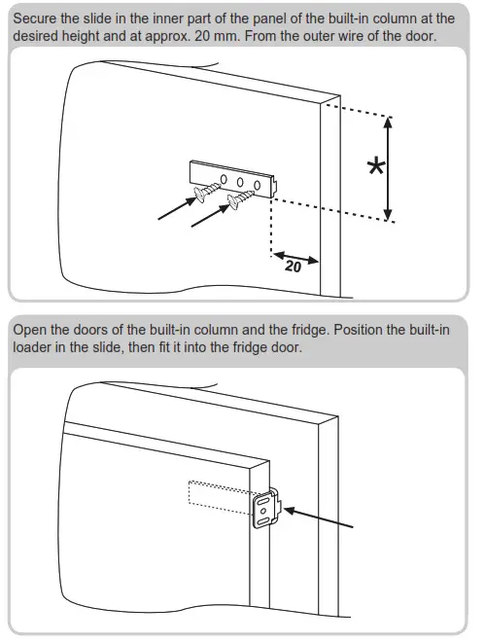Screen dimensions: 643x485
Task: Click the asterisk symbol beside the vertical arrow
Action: tap(374, 167)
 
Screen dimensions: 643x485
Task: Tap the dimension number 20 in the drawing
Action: tap(293, 266)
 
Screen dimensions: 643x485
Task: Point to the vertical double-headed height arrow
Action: tap(390, 168)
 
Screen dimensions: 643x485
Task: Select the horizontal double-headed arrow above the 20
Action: tap(295, 256)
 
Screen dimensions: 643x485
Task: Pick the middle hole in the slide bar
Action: tap(240, 181)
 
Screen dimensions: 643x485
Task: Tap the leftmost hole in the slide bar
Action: tap(224, 178)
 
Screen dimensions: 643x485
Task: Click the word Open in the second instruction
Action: tap(30, 331)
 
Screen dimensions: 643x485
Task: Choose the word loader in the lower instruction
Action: tap(34, 348)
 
